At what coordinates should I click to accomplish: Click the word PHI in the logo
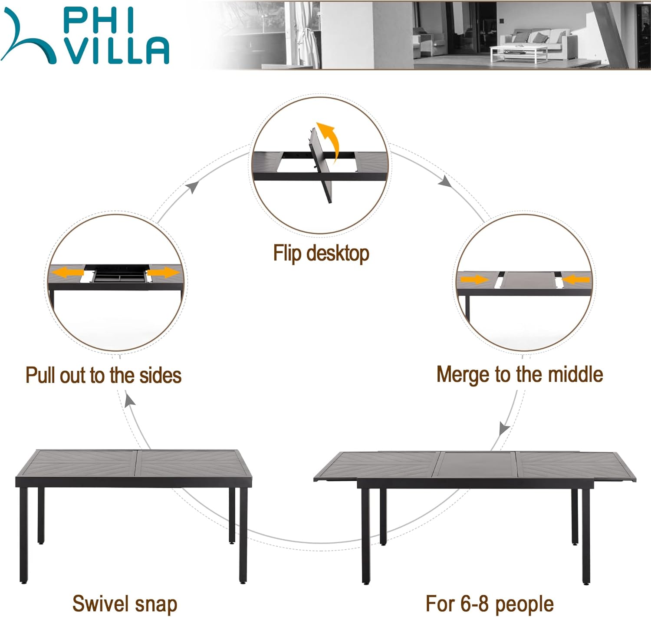coord(99,20)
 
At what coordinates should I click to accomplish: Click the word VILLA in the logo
coord(117,50)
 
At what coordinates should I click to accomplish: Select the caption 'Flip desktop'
coord(321,254)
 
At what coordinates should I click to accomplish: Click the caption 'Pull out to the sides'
coord(104,375)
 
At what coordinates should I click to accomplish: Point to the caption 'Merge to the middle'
coord(519,375)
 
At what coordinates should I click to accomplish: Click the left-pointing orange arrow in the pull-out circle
coord(68,272)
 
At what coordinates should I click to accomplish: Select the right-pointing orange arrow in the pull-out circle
coord(163,273)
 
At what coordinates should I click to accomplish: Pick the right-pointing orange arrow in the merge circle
coord(474,279)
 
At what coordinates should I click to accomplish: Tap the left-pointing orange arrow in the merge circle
coord(576,280)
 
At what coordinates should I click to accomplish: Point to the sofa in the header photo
coord(538,43)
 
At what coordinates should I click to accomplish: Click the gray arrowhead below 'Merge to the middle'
coord(503,429)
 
